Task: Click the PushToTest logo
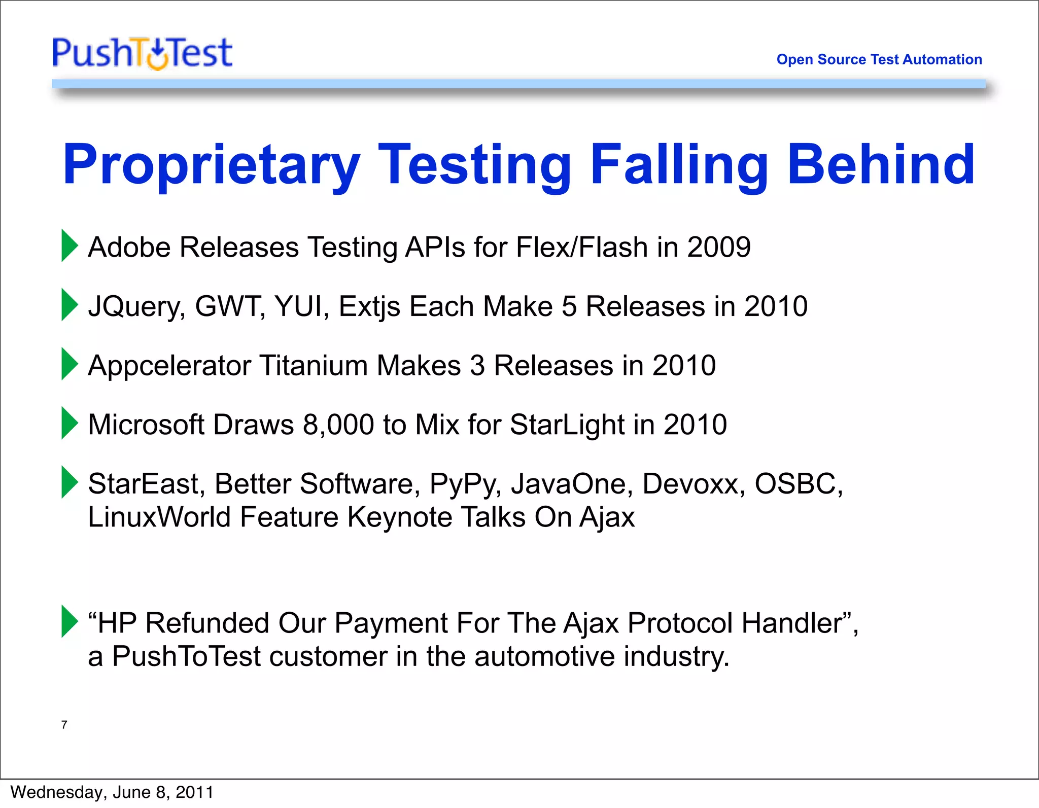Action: point(143,53)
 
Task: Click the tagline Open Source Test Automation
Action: point(879,59)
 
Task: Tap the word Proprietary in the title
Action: point(211,165)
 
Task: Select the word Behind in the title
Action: point(880,165)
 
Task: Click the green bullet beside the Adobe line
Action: point(70,245)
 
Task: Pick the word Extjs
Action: point(369,307)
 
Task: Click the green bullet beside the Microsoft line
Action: point(70,423)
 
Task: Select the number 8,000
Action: point(338,425)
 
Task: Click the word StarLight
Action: point(567,425)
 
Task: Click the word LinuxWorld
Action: point(159,517)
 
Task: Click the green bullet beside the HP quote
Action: point(70,621)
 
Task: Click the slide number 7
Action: point(64,725)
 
